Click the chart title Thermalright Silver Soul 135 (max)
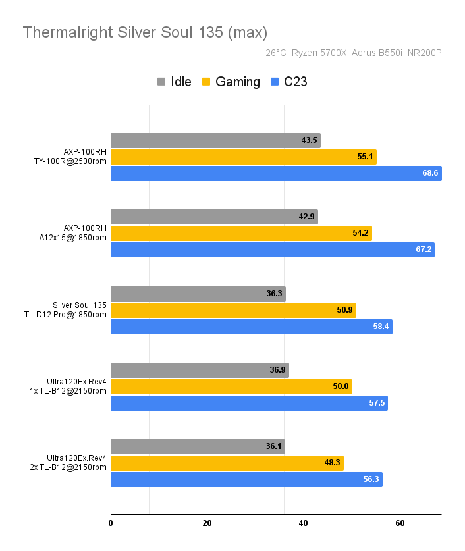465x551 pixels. [x=145, y=32]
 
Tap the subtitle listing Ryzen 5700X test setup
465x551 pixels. [x=353, y=53]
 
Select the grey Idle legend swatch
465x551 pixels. [x=161, y=82]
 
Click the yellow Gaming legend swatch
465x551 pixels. [x=206, y=82]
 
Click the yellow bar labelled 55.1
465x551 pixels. [x=243, y=157]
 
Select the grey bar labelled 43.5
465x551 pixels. [x=215, y=140]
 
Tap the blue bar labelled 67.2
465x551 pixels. [x=272, y=249]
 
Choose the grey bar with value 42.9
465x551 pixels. [x=214, y=217]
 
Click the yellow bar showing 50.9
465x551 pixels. [x=233, y=310]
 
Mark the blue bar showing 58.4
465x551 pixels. [x=251, y=327]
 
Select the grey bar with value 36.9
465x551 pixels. [x=200, y=370]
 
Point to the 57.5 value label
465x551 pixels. [x=376, y=403]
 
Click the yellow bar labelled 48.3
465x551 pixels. [x=227, y=463]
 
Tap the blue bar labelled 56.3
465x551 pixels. [x=246, y=479]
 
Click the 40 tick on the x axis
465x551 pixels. [x=304, y=523]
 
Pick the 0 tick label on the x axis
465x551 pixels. [x=111, y=523]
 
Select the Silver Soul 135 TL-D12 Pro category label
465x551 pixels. [x=80, y=310]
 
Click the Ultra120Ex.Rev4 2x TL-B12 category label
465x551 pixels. [x=76, y=463]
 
